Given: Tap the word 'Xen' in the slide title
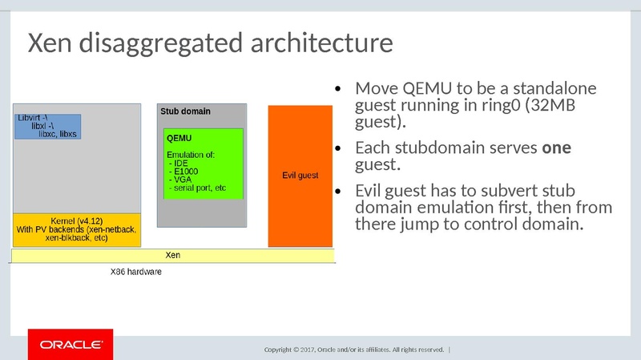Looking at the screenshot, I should coord(50,43).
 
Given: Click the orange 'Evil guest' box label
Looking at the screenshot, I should coord(300,175).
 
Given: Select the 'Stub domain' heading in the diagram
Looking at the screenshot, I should coord(185,111).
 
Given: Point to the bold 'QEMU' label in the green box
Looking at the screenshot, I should coord(179,138).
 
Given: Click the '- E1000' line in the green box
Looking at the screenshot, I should coord(183,171).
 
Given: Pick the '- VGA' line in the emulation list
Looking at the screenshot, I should coord(180,180).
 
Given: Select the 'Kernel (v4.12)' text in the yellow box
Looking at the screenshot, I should coord(76,220).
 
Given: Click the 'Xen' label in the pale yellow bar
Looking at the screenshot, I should coord(172,255).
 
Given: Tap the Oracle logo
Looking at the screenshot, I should coord(71,345).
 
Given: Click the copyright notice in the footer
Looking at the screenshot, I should coord(354,350).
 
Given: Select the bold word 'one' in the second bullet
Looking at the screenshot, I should coord(557,148).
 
